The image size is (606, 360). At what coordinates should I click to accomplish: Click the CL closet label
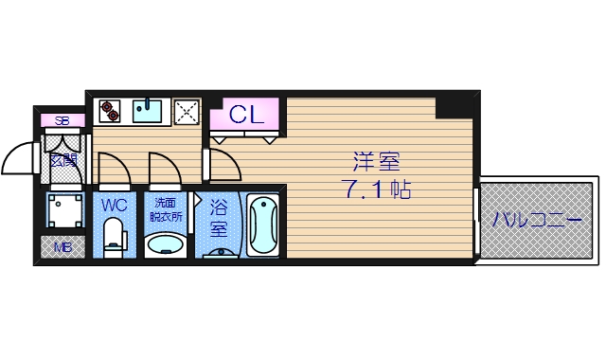coord(247,116)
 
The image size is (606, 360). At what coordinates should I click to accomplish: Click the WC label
coord(115,205)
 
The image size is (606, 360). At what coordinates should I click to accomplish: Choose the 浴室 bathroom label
coord(218,217)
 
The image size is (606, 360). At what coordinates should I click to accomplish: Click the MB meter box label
coord(62,247)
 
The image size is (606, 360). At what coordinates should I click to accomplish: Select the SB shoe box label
coord(62,120)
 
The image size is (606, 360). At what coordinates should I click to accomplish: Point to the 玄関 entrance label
coord(63,159)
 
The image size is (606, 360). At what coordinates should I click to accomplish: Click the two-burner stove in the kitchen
coord(110,110)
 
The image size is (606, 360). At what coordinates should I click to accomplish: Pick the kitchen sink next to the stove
coord(149,111)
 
